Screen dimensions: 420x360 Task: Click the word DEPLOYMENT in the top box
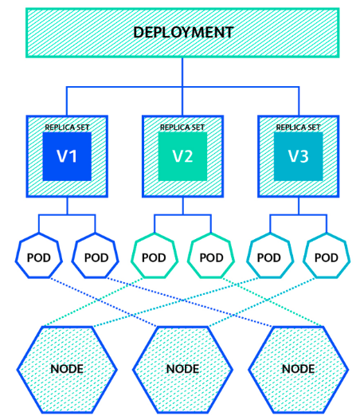[183, 33]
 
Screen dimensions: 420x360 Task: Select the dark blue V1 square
[67, 156]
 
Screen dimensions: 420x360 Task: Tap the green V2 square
[182, 156]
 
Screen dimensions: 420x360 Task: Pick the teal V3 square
[298, 156]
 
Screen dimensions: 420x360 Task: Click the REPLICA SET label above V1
[67, 127]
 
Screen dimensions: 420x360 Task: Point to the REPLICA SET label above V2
[182, 127]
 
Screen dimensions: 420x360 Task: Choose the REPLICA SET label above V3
[298, 127]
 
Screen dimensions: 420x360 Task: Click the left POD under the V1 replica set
[38, 257]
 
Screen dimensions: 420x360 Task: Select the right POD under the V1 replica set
[96, 257]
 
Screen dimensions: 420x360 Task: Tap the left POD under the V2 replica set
[154, 257]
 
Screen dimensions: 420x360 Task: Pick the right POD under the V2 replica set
[211, 257]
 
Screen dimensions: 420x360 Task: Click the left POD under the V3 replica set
[269, 257]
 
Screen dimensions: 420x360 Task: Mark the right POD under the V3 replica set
[327, 257]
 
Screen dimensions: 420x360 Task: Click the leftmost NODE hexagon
[67, 369]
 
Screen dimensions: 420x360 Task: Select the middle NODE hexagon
[182, 369]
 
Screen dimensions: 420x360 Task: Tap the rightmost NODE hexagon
[298, 369]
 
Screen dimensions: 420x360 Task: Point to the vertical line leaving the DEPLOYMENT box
[182, 72]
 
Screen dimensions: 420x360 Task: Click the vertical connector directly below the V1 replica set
[67, 206]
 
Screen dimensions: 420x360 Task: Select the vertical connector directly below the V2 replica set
[182, 206]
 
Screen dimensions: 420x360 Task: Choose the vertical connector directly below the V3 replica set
[298, 206]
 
